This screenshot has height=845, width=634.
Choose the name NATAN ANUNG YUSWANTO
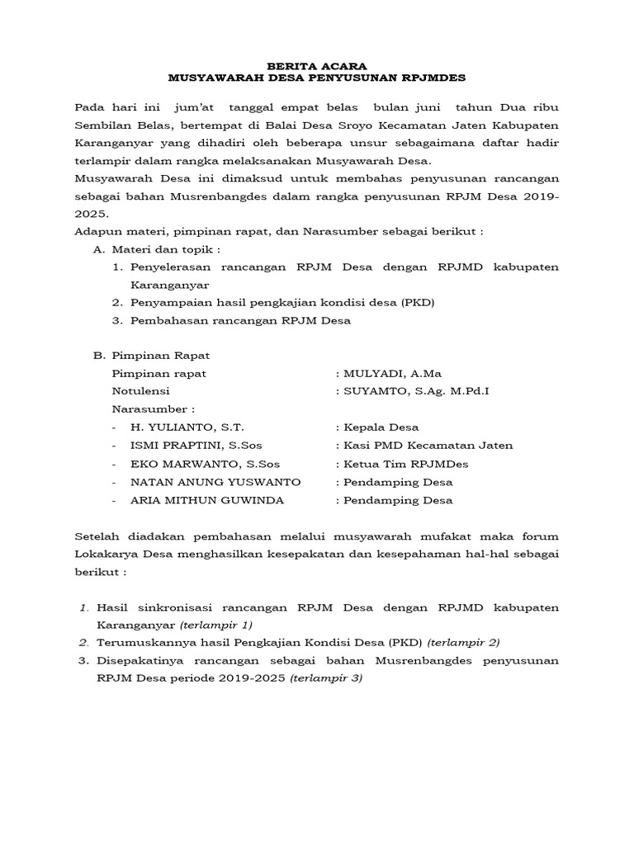pyautogui.click(x=215, y=482)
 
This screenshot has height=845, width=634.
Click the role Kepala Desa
pyautogui.click(x=381, y=427)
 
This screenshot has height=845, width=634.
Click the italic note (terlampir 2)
pyautogui.click(x=463, y=642)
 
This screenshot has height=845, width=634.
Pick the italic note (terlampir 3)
pyautogui.click(x=326, y=677)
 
